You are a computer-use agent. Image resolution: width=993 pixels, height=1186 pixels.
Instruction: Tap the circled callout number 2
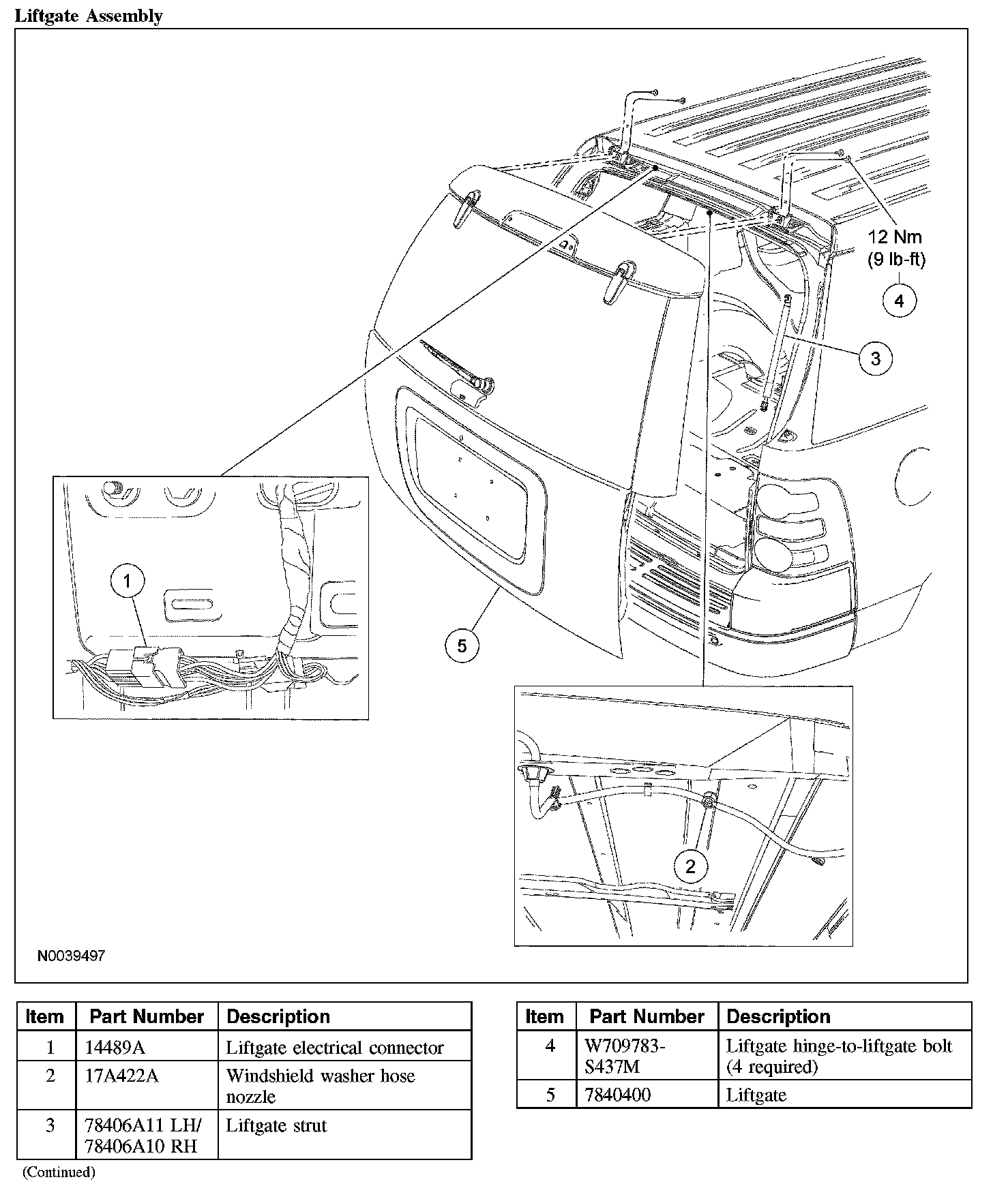[691, 866]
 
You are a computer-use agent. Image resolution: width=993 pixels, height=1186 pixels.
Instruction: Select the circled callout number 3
[876, 357]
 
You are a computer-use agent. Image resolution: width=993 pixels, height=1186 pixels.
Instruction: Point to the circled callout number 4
[899, 300]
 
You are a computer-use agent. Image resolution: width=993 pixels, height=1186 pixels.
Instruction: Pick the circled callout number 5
[462, 645]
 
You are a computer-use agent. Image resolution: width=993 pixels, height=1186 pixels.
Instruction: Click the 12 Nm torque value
[895, 237]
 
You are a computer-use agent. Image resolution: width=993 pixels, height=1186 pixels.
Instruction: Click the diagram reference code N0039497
[71, 956]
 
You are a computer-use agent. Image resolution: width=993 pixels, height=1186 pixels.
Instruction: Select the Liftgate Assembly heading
[89, 16]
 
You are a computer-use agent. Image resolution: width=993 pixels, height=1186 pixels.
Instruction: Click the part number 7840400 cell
[618, 1095]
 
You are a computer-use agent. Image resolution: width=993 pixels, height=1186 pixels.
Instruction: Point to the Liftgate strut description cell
[276, 1126]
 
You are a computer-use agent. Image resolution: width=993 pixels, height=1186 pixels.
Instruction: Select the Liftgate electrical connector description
[334, 1047]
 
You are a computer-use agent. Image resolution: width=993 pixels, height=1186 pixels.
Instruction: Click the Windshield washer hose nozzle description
[321, 1086]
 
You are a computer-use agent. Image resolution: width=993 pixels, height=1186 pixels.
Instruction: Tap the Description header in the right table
[778, 1017]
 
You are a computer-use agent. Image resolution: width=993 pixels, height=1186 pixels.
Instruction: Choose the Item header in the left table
[44, 1017]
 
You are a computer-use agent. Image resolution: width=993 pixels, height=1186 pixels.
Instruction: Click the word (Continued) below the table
[59, 1172]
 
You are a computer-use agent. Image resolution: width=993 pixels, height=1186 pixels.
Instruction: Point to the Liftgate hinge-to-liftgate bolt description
[838, 1056]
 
